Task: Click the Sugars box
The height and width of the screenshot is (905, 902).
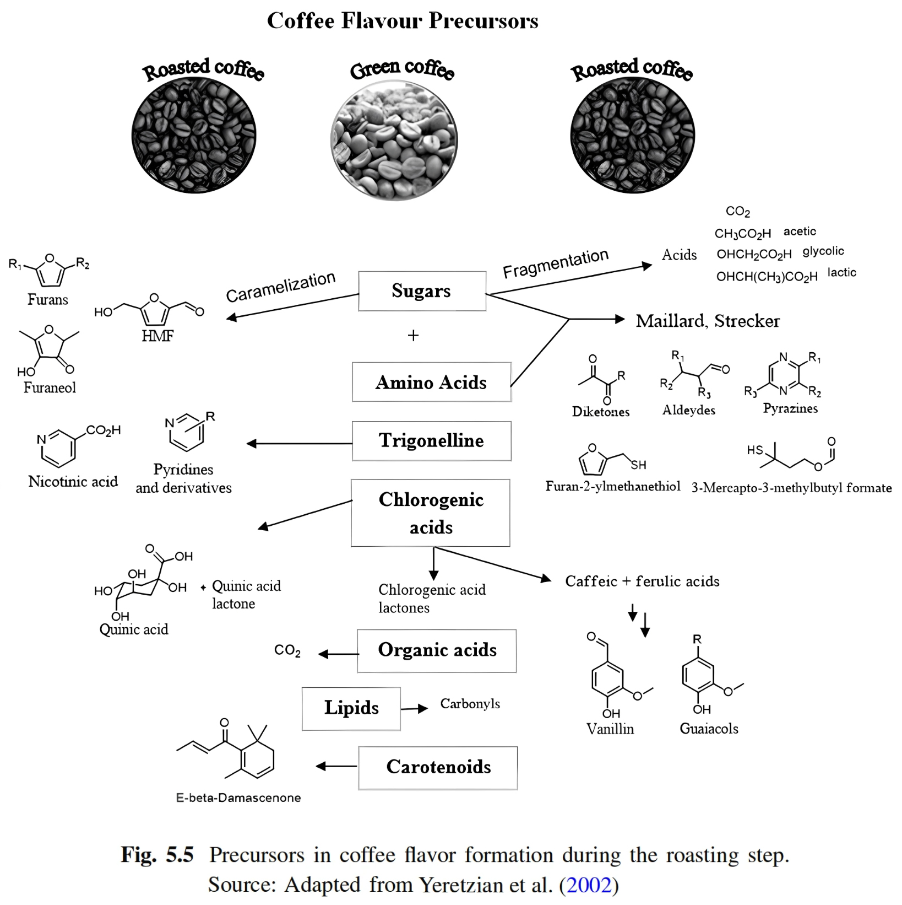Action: (x=422, y=291)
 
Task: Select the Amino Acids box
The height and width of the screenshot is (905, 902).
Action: (x=431, y=382)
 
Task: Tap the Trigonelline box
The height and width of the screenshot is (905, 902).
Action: (x=431, y=441)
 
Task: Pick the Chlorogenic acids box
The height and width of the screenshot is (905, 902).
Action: (x=431, y=513)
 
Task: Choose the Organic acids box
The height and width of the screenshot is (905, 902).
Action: (x=437, y=650)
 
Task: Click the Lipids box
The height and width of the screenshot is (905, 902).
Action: (x=351, y=708)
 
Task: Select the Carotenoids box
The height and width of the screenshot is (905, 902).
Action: (x=438, y=767)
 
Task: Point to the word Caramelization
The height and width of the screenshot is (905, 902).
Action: (x=280, y=287)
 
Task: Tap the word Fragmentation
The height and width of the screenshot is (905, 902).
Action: (x=556, y=263)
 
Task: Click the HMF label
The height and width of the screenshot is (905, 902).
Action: (x=157, y=336)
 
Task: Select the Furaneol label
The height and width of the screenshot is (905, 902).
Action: (x=50, y=387)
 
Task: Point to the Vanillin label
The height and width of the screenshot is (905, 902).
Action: (x=610, y=729)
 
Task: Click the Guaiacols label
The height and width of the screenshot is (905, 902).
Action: (x=709, y=729)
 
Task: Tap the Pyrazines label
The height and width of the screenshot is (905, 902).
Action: (x=790, y=408)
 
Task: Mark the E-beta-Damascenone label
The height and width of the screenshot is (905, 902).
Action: (x=238, y=798)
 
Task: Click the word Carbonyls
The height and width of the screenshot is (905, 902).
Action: (x=470, y=704)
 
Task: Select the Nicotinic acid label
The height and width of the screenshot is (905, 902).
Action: (x=73, y=482)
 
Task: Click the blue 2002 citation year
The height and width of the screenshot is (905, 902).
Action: (x=589, y=885)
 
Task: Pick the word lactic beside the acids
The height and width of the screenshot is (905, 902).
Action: (x=841, y=272)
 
